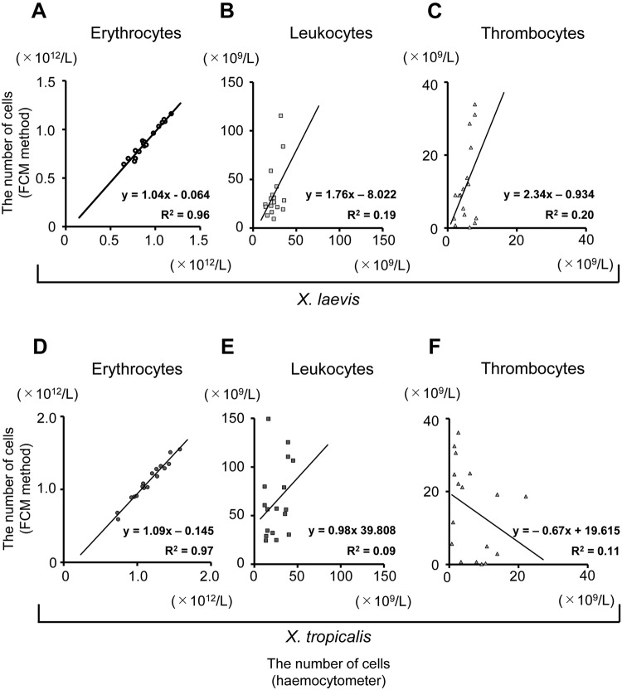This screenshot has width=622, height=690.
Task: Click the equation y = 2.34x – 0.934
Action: coord(552,195)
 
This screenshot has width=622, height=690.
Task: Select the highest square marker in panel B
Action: coord(281,115)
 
